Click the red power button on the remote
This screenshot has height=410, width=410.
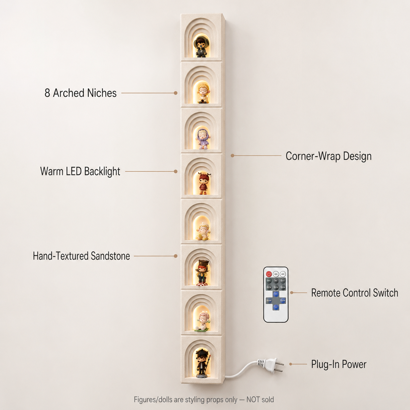tap(269, 274)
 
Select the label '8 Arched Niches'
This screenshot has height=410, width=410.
tap(80, 93)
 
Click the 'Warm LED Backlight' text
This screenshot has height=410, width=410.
tap(80, 171)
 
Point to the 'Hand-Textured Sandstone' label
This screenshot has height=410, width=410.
tap(81, 256)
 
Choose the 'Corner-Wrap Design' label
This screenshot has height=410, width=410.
tap(329, 156)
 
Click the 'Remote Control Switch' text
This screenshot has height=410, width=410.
tap(355, 293)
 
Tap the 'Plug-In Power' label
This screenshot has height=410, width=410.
tap(339, 364)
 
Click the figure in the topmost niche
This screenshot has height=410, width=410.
tap(201, 47)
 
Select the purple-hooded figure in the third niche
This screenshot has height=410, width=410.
tap(203, 139)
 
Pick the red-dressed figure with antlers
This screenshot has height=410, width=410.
tap(204, 184)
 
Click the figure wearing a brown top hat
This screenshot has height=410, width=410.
tap(202, 273)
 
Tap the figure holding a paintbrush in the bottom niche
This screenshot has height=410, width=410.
tap(202, 363)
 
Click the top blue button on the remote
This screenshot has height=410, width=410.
tap(276, 294)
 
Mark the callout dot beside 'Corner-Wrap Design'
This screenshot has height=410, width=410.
tap(232, 156)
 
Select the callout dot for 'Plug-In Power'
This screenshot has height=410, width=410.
tap(291, 364)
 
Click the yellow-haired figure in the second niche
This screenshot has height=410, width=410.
tap(203, 93)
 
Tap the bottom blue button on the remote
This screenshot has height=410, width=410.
tap(276, 307)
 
